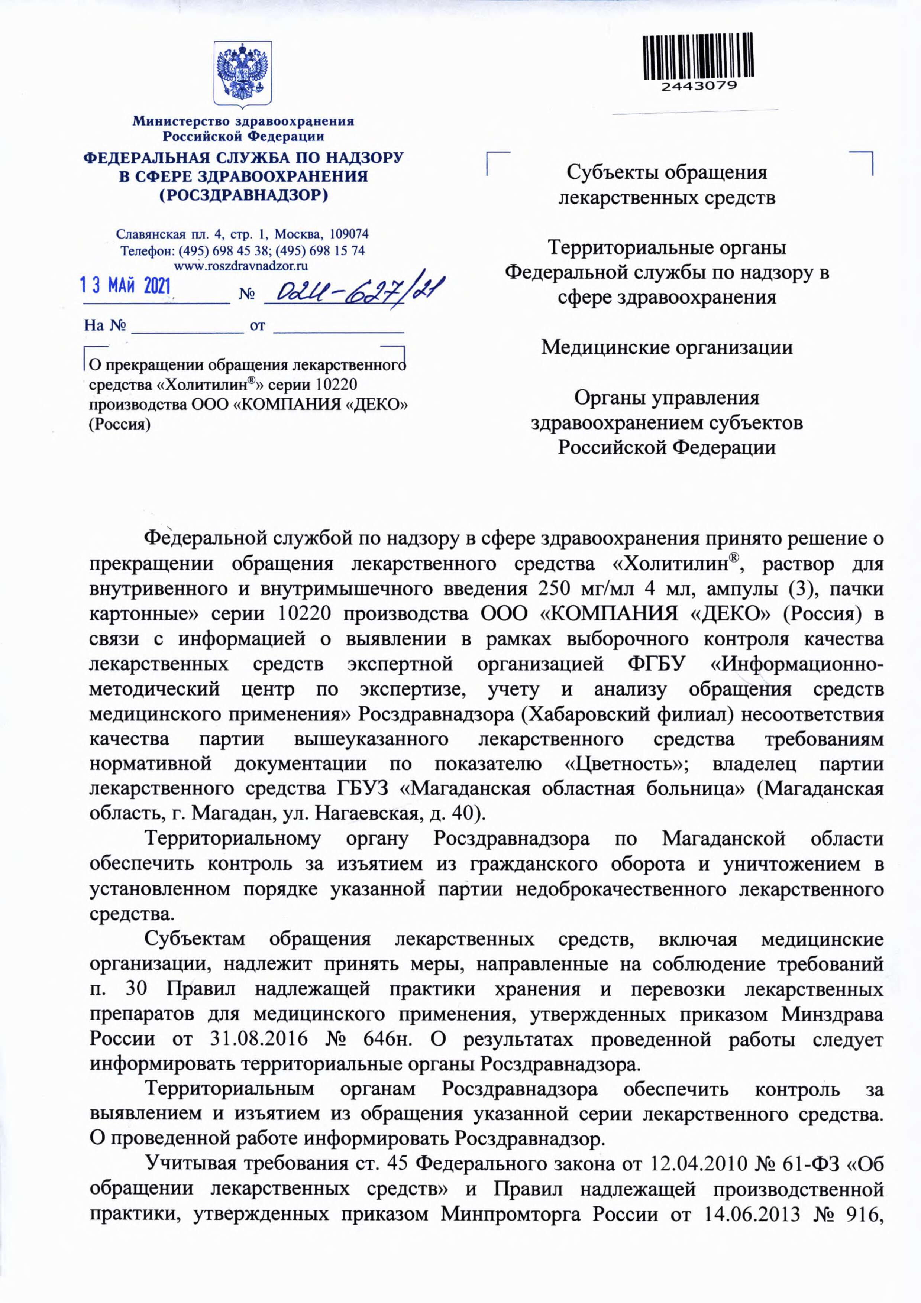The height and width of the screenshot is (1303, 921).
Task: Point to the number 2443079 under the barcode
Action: pos(698,86)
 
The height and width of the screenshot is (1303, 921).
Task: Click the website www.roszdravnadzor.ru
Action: pos(241,265)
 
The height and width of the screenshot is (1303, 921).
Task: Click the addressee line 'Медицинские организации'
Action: pos(667,347)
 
